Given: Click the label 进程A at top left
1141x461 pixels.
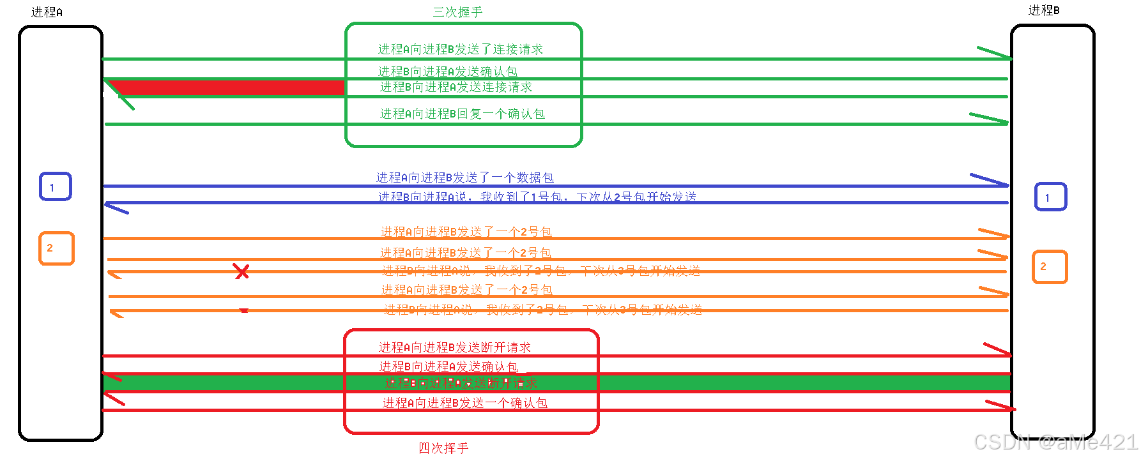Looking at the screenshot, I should click(47, 12).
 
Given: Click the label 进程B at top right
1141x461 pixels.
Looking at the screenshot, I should click(1043, 10).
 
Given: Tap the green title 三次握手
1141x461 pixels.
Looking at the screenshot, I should click(457, 12).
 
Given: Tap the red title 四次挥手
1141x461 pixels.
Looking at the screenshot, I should click(443, 448).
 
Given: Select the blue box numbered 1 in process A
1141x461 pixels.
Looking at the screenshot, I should click(56, 186).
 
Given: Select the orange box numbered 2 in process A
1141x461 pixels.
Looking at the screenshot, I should click(56, 248).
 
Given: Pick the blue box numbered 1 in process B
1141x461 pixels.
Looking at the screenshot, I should click(1050, 197).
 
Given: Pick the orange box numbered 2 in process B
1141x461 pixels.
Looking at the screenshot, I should click(1050, 266).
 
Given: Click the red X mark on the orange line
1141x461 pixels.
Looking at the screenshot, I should click(241, 271).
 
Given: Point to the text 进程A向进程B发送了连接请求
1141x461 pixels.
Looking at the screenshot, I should click(460, 49).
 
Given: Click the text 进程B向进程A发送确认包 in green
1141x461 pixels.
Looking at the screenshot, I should click(447, 71).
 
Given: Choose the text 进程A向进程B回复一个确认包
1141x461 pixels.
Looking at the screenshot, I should click(462, 114).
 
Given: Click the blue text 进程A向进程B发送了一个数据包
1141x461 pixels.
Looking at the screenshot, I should click(464, 178).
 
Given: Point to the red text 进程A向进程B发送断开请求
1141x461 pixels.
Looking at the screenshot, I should click(454, 347).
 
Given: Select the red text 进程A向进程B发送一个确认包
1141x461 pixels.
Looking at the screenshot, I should click(464, 403).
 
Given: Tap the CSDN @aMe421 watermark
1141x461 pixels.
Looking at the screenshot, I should click(1055, 442).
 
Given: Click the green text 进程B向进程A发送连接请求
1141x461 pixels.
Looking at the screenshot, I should click(456, 87).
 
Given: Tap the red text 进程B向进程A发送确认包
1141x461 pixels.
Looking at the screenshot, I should click(448, 367).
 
